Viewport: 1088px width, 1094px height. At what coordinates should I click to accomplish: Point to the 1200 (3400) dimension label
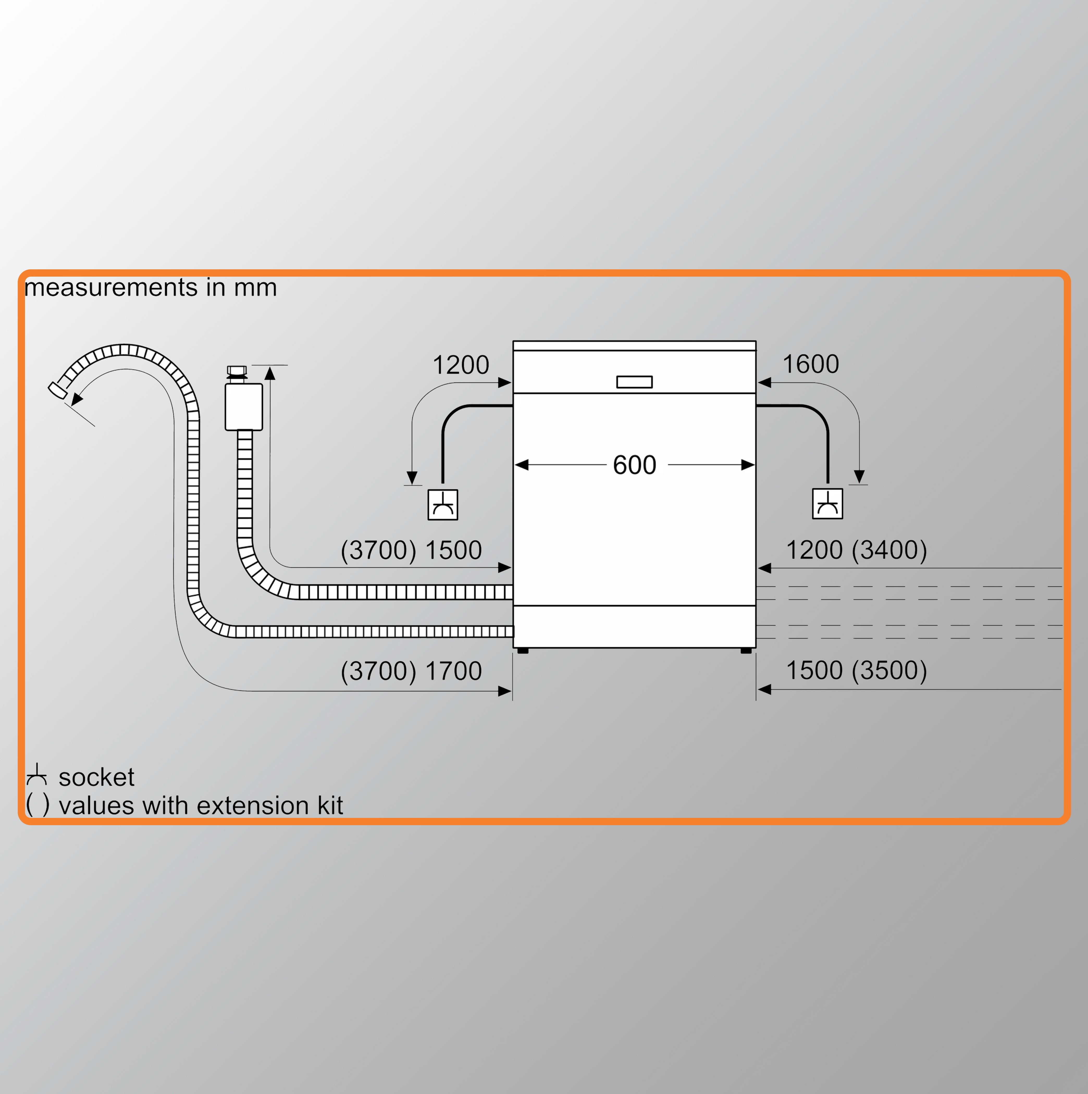point(856,550)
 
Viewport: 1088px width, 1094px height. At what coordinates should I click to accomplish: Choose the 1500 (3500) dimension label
point(856,670)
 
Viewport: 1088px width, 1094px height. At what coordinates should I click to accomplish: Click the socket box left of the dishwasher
point(442,505)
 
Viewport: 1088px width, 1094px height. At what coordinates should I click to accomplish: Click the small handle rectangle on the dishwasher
point(634,382)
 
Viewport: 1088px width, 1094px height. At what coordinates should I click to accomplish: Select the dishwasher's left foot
point(523,651)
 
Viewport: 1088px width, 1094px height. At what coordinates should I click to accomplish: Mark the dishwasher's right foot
point(746,651)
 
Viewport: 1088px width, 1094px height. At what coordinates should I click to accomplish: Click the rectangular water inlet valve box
point(244,407)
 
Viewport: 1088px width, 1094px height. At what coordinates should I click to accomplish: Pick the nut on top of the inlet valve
point(237,371)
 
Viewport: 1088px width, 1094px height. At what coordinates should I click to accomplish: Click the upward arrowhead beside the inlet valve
point(270,373)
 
